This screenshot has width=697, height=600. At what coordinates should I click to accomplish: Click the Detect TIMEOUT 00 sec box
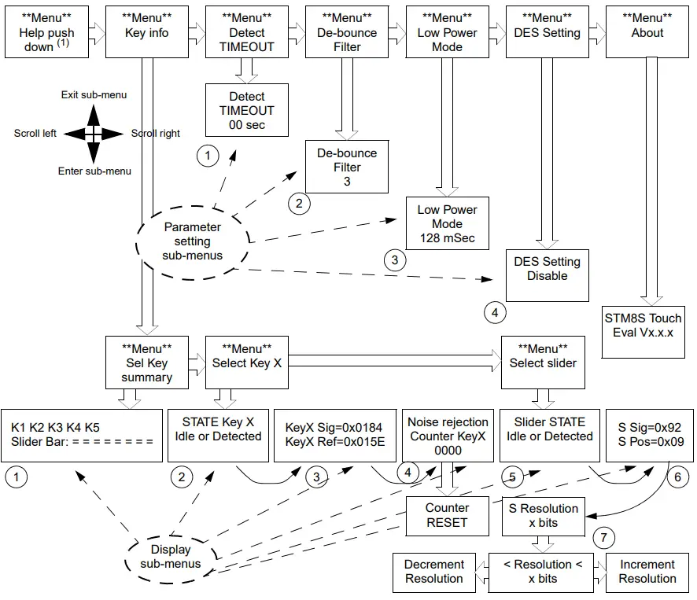[x=247, y=110]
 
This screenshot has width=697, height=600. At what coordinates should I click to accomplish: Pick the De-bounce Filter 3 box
[x=347, y=167]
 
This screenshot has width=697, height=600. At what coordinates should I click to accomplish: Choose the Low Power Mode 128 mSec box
[x=447, y=224]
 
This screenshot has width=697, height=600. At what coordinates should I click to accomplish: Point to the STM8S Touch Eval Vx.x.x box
[x=643, y=325]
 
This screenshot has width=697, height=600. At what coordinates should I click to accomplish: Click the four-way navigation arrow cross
[x=94, y=134]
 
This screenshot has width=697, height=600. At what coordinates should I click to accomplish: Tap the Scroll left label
[x=35, y=134]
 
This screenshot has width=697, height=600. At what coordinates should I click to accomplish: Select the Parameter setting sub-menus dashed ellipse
[x=193, y=241]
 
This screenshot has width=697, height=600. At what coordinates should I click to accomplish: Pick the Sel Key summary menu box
[x=147, y=363]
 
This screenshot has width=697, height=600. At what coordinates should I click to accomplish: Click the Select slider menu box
[x=543, y=363]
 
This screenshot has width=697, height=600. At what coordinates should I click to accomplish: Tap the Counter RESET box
[x=447, y=515]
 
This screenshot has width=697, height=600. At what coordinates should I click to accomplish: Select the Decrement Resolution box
[x=434, y=572]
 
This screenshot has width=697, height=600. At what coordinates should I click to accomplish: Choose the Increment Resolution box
[x=647, y=572]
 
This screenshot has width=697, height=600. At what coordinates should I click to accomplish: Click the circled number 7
[x=603, y=538]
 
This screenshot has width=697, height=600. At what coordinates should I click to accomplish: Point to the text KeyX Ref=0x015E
[x=334, y=442]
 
